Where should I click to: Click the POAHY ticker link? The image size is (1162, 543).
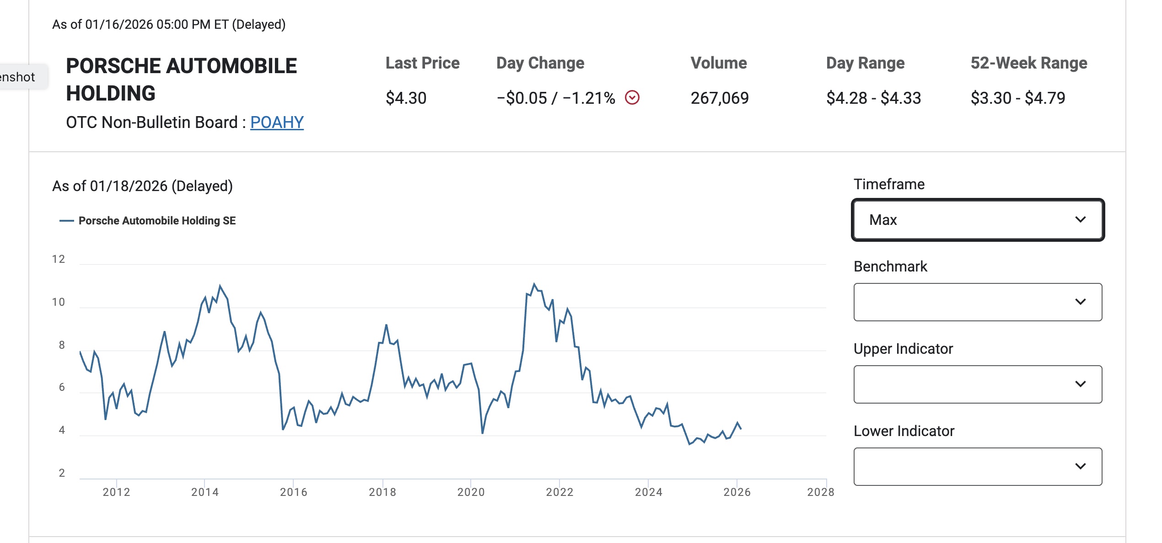coord(277,122)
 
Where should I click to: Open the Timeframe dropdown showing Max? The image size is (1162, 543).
coord(978,220)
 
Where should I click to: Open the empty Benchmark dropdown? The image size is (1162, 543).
coord(978,302)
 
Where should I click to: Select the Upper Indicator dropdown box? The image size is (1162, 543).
coord(978,384)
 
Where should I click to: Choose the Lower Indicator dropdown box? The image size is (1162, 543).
coord(978,467)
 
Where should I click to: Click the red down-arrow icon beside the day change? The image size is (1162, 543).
coord(632,97)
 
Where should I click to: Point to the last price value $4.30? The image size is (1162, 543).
coord(406,98)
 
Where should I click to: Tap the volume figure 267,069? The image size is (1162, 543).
coord(720,98)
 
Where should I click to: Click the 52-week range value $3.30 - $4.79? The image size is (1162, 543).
coord(1018,98)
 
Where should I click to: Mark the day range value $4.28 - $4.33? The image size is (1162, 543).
coord(873,98)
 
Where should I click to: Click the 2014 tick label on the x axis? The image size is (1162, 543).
coord(205,492)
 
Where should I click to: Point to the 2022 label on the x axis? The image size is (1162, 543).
coord(559,492)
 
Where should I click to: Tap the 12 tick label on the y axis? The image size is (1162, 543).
coord(59,259)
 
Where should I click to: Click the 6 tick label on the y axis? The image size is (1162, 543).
coord(62,387)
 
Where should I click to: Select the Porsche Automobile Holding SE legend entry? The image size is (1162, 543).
coord(156,221)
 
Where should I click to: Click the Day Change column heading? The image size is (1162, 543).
coord(540,63)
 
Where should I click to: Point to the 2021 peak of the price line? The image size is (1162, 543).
coord(534,284)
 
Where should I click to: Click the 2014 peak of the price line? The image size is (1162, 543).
coord(220,286)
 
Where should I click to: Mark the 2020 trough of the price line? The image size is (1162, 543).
coord(483,432)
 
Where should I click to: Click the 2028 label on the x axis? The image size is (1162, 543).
coord(821,492)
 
